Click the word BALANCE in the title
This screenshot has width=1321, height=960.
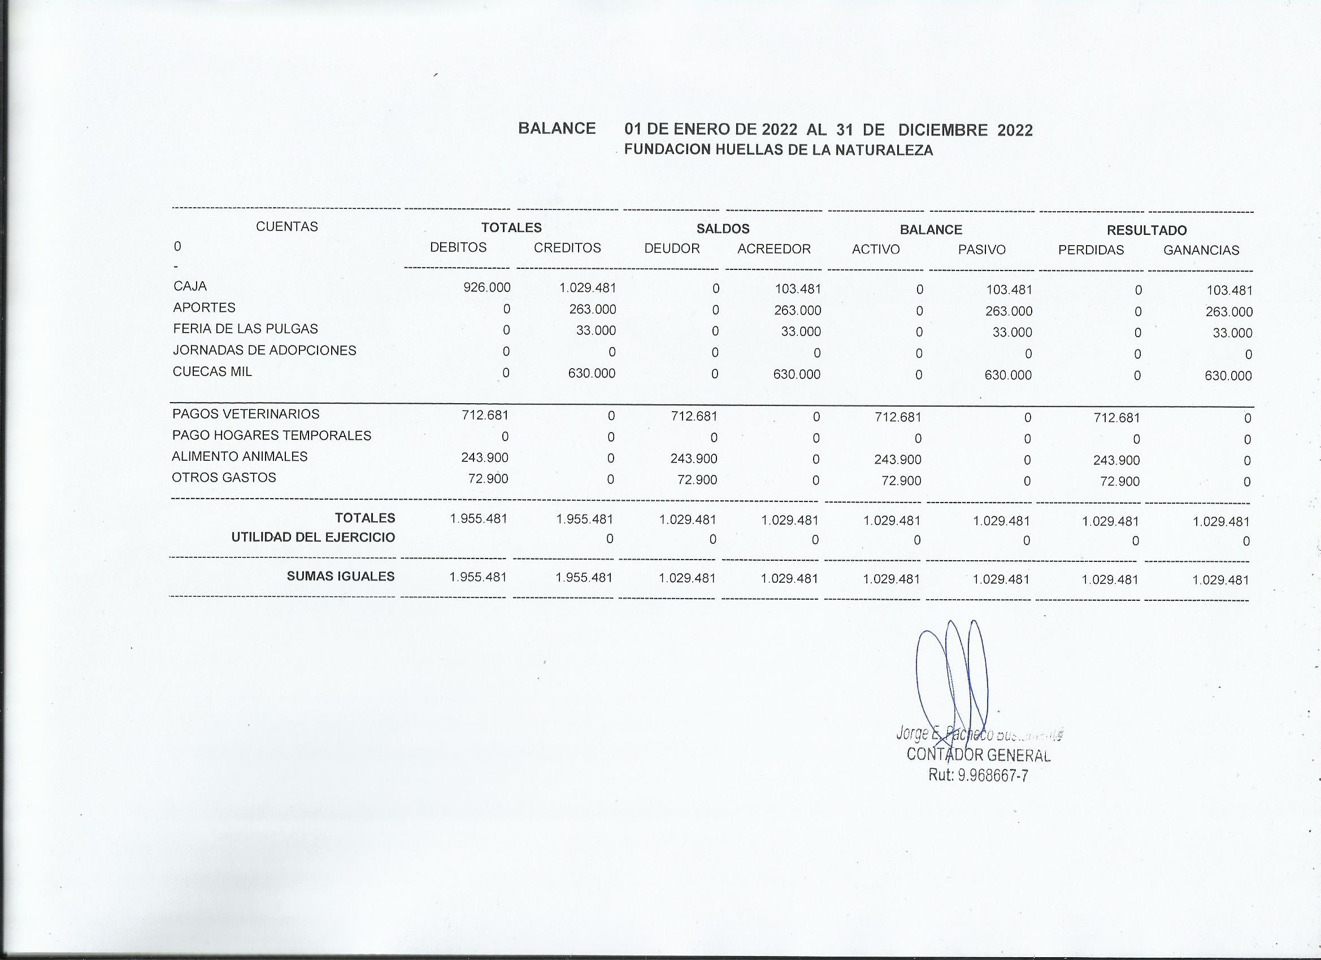coord(557,128)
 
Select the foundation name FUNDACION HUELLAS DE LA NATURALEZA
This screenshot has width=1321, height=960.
coord(778,150)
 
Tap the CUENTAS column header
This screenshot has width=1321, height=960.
coord(286,226)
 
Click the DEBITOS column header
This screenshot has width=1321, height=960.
coord(458,247)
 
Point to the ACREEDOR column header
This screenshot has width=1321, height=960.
coord(774,249)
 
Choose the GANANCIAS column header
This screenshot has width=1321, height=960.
coord(1201,250)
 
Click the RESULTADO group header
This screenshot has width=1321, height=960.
coord(1146,230)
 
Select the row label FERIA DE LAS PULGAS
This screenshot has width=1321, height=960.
coord(245,329)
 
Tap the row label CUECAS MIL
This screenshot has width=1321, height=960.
coord(212,372)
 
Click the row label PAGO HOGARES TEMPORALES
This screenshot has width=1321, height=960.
coord(271,435)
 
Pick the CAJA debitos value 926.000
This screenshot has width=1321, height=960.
coord(486,287)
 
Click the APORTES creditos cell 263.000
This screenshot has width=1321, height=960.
coord(592,309)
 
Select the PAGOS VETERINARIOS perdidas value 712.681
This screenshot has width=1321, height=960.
coord(1116,418)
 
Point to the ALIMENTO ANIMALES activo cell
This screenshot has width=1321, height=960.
coord(898,459)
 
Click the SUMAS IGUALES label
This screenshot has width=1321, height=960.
coord(340,577)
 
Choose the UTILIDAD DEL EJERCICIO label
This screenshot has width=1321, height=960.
coord(313,538)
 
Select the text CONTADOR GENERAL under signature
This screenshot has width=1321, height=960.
coord(979,755)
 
